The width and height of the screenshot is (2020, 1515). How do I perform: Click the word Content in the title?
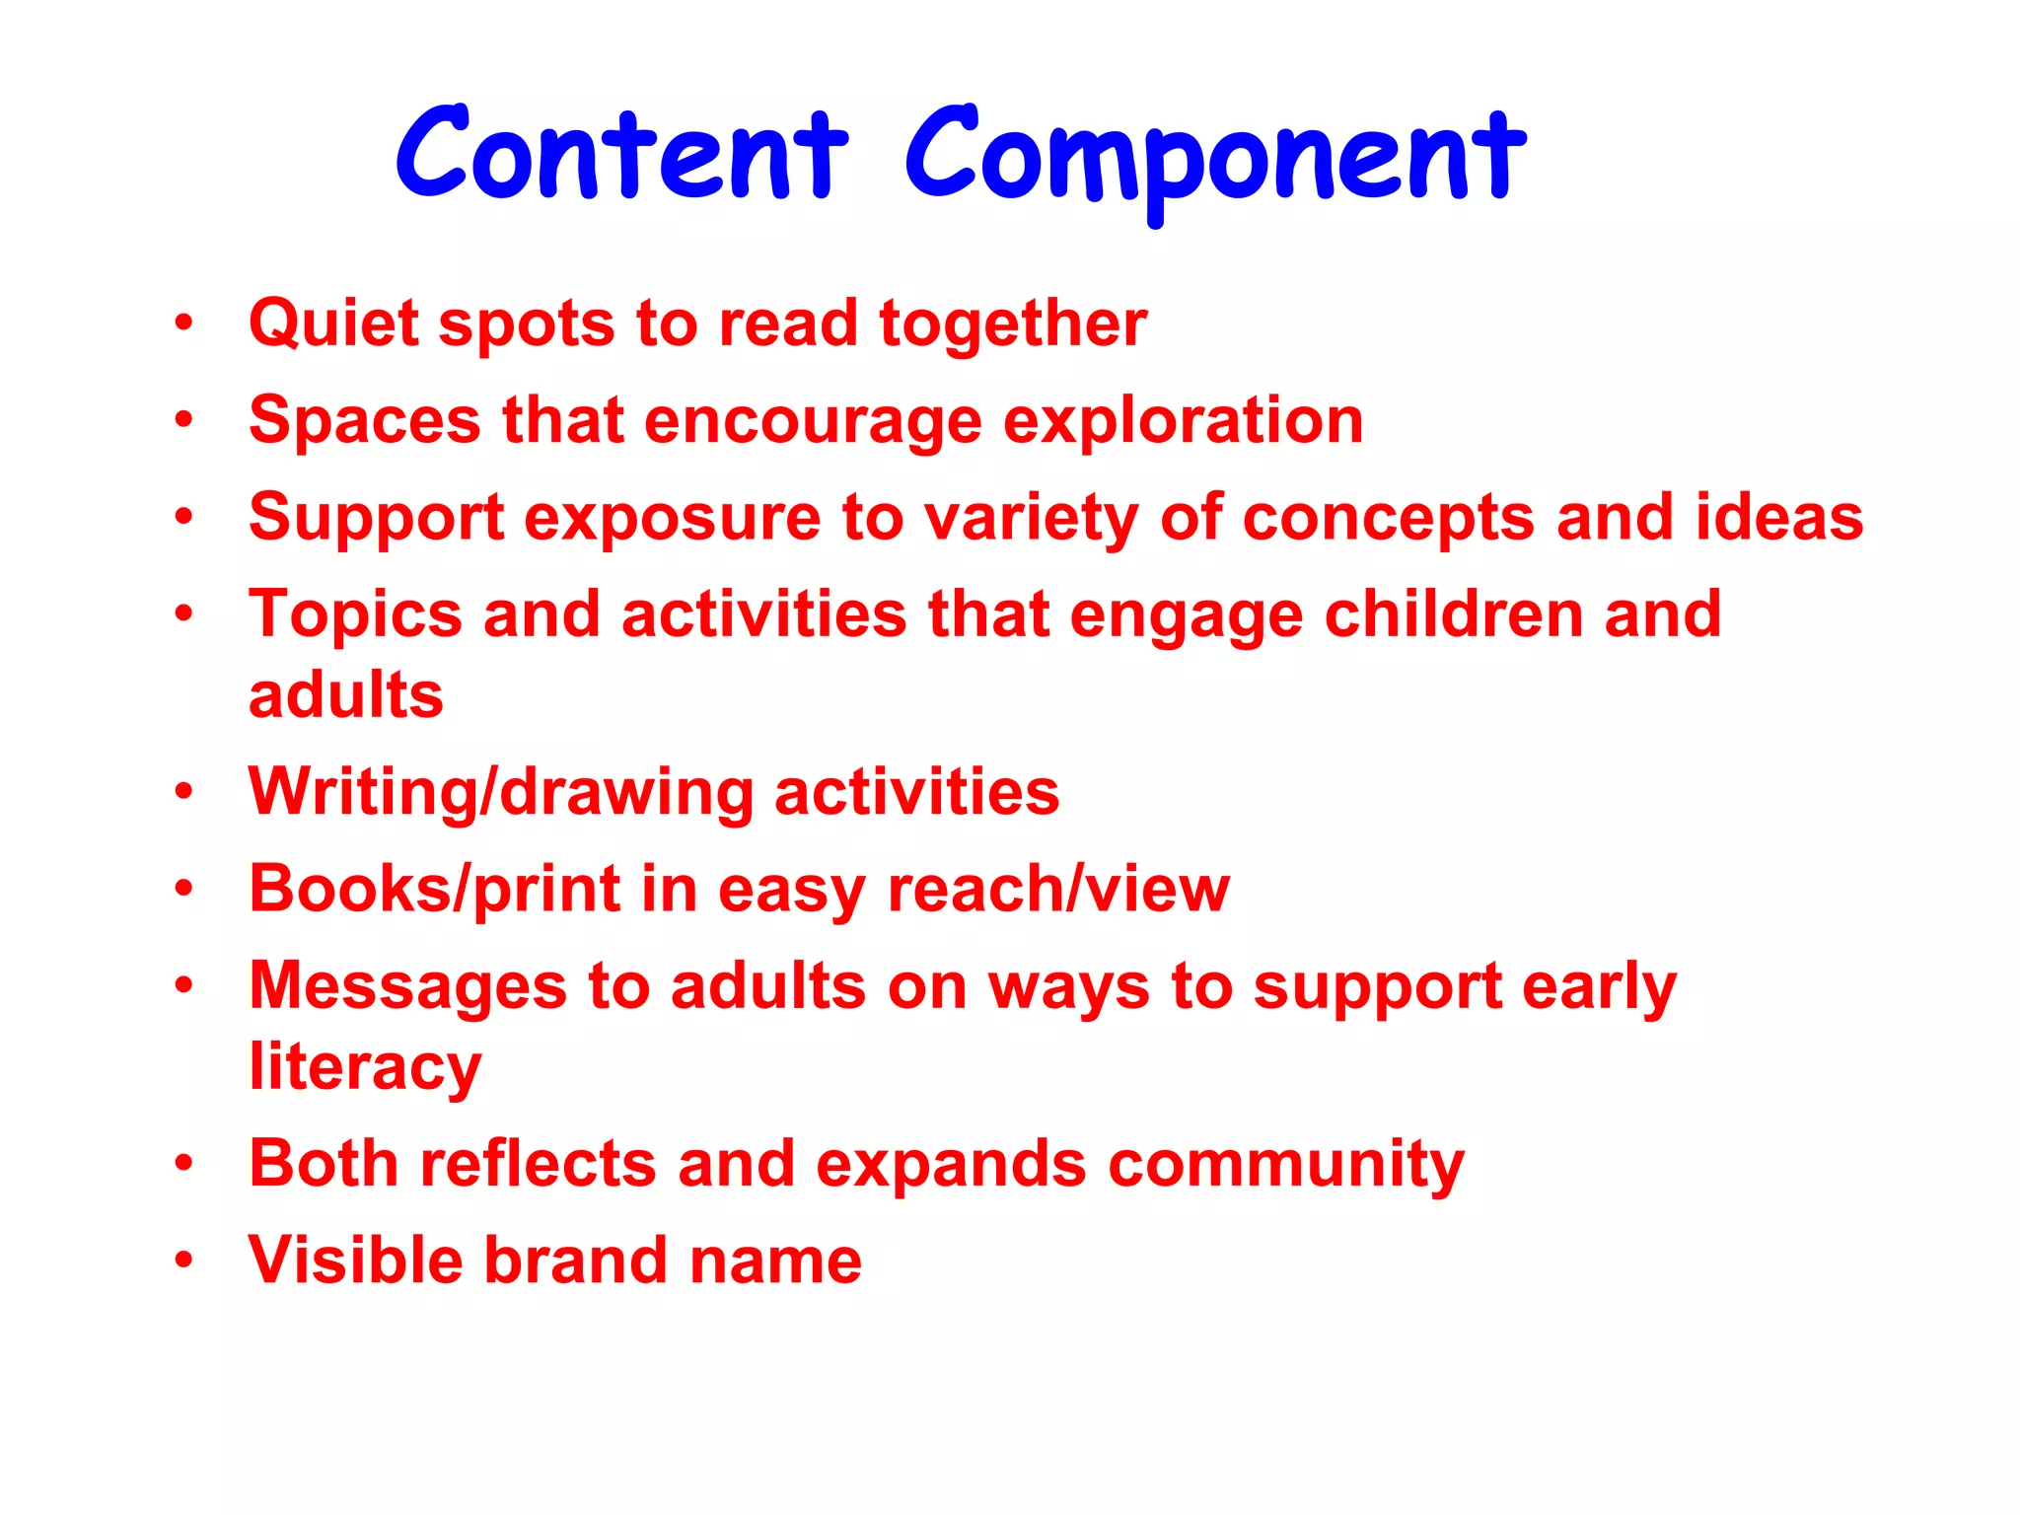tap(621, 156)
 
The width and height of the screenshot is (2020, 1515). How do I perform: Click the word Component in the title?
tap(1215, 158)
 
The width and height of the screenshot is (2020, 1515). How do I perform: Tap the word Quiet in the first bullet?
tap(334, 325)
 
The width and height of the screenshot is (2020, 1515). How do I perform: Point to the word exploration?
tap(1183, 421)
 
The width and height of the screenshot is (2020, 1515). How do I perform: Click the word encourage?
tap(813, 421)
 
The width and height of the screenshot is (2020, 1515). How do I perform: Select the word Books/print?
tap(435, 890)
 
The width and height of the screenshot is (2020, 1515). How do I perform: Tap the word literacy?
tap(365, 1068)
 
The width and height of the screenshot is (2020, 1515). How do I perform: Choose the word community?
tap(1286, 1165)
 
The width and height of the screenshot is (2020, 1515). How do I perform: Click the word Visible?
tap(355, 1260)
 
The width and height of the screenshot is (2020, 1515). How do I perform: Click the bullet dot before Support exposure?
tap(183, 516)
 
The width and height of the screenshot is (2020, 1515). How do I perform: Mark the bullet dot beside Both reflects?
tap(183, 1163)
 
